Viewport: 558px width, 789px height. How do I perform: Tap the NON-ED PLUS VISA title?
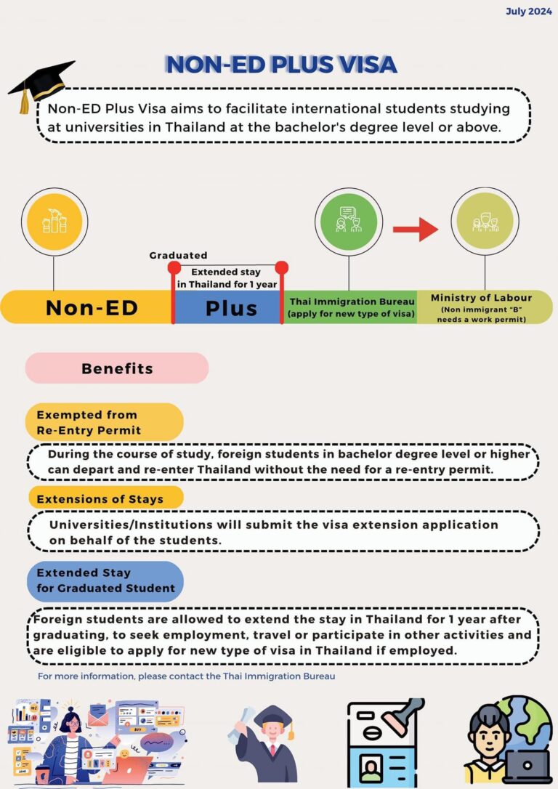coord(281,64)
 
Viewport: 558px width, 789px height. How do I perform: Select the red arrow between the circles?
coord(416,230)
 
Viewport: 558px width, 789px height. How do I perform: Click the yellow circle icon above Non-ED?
coord(54,221)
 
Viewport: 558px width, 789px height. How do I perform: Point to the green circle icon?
coord(349,221)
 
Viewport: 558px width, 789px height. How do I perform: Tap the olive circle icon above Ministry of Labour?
coord(482,221)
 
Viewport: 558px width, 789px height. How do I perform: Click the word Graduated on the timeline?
coord(178,255)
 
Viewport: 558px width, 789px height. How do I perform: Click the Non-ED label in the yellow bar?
coord(92,307)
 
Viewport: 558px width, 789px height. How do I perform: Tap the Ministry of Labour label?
coord(481,298)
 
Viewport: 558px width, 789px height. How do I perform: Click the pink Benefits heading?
coord(117,368)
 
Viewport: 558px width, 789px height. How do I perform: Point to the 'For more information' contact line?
coord(187,676)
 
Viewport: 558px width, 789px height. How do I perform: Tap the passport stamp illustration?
coord(386,743)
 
